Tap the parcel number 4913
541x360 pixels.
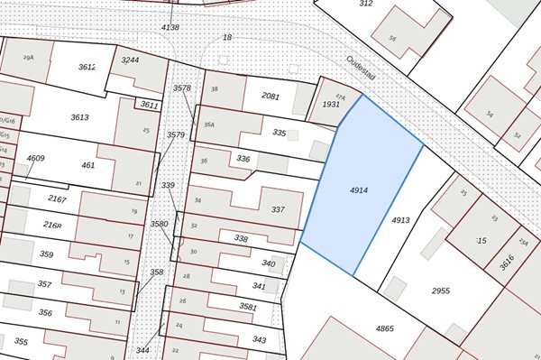[x=401, y=219]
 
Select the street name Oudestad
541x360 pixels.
[x=362, y=77]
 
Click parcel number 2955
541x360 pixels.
[x=440, y=291]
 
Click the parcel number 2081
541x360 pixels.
[x=270, y=96]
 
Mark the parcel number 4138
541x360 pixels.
[x=170, y=28]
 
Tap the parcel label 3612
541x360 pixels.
[x=87, y=67]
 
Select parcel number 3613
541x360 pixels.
[x=79, y=117]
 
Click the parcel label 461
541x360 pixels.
[x=87, y=165]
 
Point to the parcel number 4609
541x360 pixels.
[x=35, y=159]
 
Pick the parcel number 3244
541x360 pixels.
[x=131, y=60]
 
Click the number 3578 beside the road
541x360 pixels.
[x=182, y=88]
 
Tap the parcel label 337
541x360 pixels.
[x=278, y=209]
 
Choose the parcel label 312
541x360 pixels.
[x=365, y=4]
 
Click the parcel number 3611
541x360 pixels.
[x=149, y=105]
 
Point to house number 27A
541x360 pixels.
[x=340, y=96]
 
